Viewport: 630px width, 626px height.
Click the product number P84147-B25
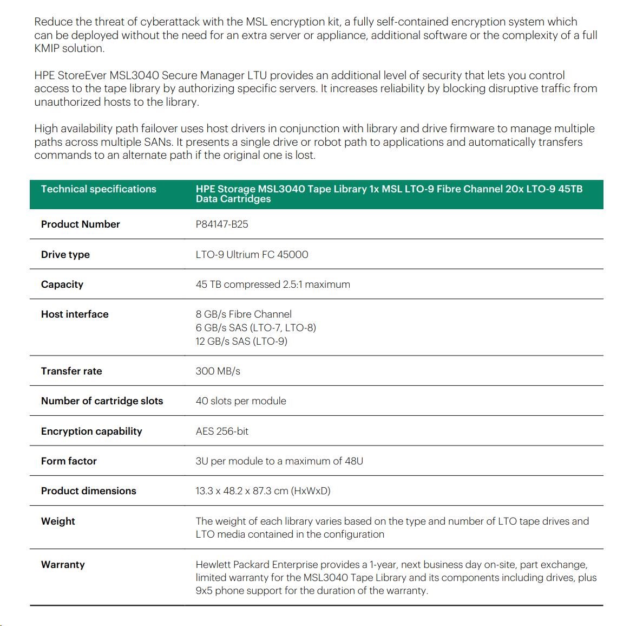pyautogui.click(x=222, y=224)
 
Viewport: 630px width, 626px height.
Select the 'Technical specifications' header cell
pyautogui.click(x=99, y=189)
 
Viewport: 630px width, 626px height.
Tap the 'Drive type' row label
pyautogui.click(x=65, y=255)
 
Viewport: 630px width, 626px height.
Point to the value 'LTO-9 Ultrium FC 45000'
pyautogui.click(x=252, y=255)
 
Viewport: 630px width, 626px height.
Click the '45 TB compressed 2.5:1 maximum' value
pyautogui.click(x=273, y=285)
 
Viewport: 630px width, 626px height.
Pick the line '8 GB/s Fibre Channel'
pyautogui.click(x=244, y=314)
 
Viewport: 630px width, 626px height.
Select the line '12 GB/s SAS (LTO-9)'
pyautogui.click(x=241, y=341)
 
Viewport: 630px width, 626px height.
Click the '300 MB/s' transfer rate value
pyautogui.click(x=218, y=371)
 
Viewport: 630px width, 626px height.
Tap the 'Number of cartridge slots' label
pyautogui.click(x=102, y=401)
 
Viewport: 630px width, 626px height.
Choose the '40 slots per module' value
pyautogui.click(x=241, y=401)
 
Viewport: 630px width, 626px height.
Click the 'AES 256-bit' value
pyautogui.click(x=222, y=431)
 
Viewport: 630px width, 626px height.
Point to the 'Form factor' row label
pyautogui.click(x=69, y=461)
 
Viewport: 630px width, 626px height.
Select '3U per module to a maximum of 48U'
pyautogui.click(x=279, y=461)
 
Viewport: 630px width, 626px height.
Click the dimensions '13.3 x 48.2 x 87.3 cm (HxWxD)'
pyautogui.click(x=263, y=491)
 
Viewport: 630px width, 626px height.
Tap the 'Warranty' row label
pyautogui.click(x=63, y=565)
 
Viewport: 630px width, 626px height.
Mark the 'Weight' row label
pyautogui.click(x=58, y=521)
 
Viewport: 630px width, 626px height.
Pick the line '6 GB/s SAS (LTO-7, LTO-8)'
pyautogui.click(x=256, y=328)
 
